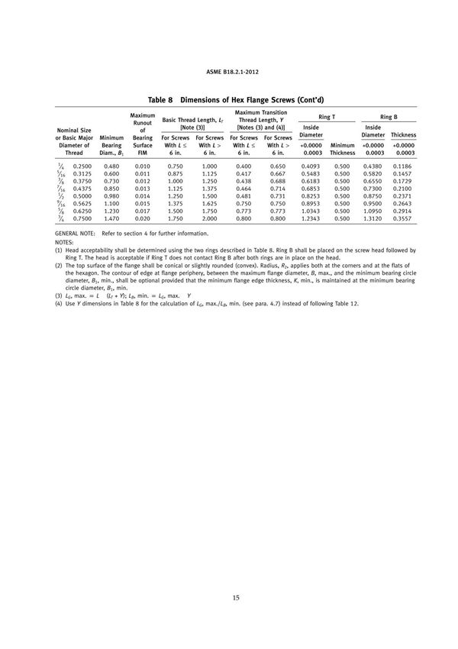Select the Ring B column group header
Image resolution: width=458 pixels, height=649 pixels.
(388, 117)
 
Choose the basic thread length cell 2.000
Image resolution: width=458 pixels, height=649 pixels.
(210, 218)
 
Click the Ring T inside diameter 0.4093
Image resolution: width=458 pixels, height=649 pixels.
(311, 166)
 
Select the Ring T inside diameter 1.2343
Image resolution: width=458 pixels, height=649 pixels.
(311, 218)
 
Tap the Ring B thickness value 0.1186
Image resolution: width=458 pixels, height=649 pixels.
(404, 166)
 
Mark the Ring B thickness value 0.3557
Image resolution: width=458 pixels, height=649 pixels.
(404, 218)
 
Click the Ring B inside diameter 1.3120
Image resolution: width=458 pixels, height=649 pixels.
(373, 218)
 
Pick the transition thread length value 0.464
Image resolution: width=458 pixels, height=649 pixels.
(244, 189)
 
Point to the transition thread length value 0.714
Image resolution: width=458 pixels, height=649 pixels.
(278, 189)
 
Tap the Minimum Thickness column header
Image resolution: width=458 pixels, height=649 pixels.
(342, 148)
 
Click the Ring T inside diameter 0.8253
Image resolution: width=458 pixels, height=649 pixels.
(311, 196)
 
